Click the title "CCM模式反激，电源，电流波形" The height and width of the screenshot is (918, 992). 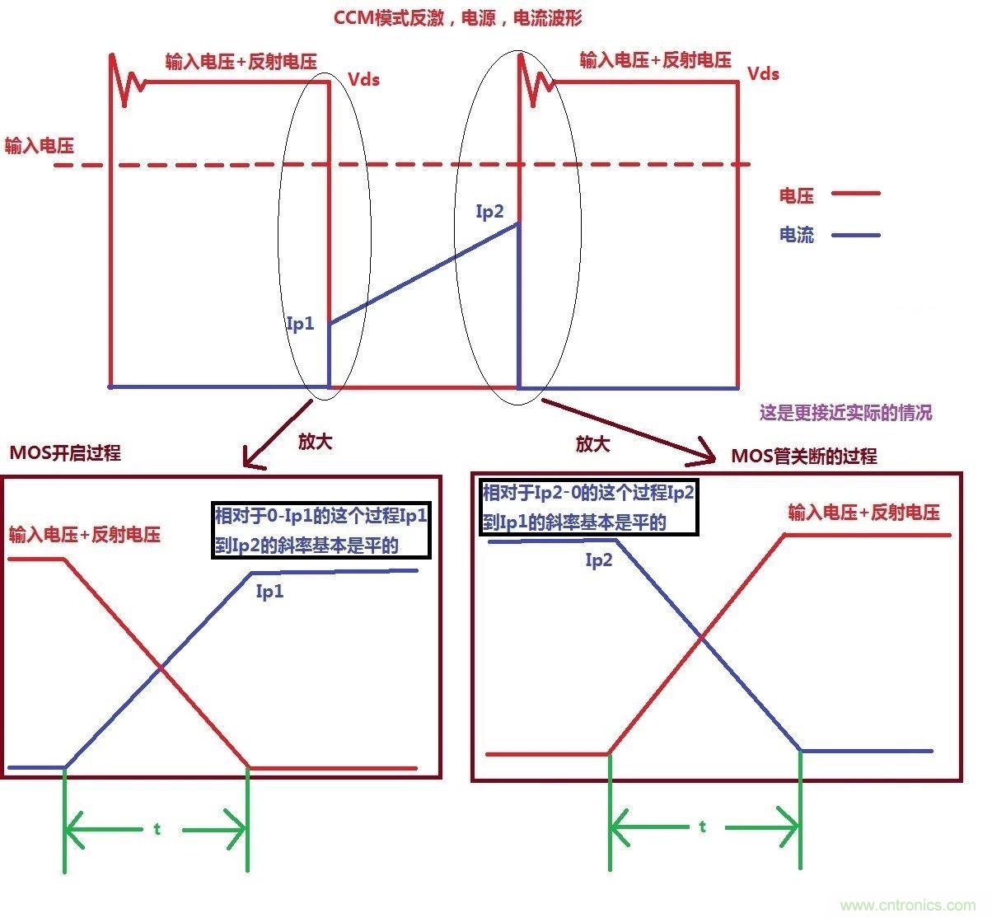(458, 17)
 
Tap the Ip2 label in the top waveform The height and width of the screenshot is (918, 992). (489, 212)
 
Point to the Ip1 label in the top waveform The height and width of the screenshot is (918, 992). (300, 323)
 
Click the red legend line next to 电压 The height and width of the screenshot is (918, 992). (856, 194)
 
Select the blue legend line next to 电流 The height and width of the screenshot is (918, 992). (856, 235)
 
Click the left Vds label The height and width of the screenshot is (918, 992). (363, 79)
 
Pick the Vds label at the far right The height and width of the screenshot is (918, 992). (763, 73)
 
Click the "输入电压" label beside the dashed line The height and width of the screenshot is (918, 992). (39, 146)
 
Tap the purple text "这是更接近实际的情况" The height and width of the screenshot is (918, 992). (845, 412)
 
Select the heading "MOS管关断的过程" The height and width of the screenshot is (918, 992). (804, 456)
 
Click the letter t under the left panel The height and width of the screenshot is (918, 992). (157, 829)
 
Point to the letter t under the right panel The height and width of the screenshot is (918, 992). (702, 826)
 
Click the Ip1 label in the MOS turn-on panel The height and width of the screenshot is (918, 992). (270, 591)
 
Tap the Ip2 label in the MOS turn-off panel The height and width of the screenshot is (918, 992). (599, 560)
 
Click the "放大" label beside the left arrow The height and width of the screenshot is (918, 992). (315, 442)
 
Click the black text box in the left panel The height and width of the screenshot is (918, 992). (321, 531)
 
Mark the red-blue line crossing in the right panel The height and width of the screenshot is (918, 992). (702, 636)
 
